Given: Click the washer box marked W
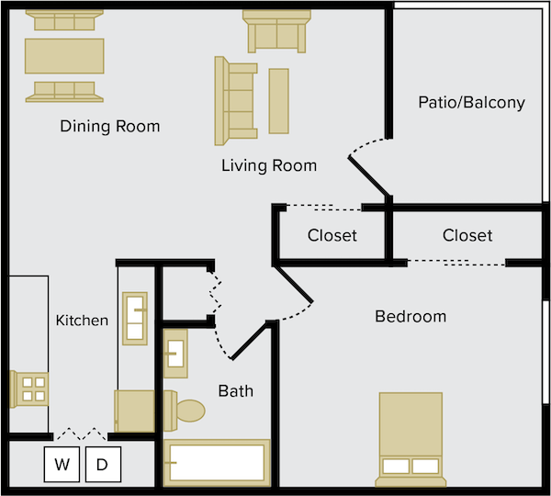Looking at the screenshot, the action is (62, 465).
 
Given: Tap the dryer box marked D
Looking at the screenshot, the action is (103, 465).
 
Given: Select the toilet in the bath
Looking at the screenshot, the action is (184, 411).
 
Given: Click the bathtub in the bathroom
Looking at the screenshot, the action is (217, 463).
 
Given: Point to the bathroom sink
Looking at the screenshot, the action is (175, 354).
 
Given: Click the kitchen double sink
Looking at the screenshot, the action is (135, 319).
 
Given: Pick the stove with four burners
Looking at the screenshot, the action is (29, 389).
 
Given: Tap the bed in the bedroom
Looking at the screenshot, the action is (410, 439).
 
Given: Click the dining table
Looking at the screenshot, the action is (64, 56).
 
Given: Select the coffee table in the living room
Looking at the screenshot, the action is (279, 101).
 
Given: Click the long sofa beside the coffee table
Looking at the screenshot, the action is (236, 101).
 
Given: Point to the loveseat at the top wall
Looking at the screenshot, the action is (277, 31).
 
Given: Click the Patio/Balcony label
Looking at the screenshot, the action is (472, 103).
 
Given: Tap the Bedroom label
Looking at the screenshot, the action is (410, 316).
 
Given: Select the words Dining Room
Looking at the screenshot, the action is (110, 126).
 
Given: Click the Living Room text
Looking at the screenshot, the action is (269, 165).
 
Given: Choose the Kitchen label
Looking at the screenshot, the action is (83, 321).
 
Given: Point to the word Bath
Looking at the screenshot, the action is (236, 391).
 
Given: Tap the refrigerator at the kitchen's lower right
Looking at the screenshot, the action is (135, 411).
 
